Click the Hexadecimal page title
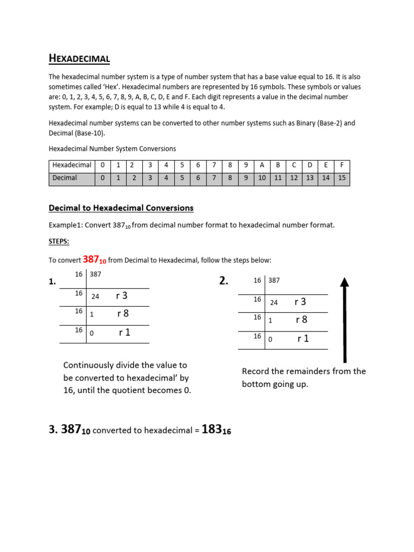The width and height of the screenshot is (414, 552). pos(79,58)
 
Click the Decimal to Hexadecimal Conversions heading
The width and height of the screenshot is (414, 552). pos(121,208)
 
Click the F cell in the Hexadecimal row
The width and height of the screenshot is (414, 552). pos(342,165)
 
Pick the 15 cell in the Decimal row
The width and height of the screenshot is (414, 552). pos(342,178)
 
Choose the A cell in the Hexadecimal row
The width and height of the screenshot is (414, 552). pos(262,165)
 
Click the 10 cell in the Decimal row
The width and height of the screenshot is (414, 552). pos(262,178)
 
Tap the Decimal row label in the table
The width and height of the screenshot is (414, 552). pos(65,178)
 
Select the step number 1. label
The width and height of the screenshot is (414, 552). pos(53,281)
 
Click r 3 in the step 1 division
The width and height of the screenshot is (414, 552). pos(121,295)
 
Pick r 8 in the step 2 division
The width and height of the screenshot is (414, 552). pos(301,320)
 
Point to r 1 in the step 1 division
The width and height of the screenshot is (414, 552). pos(125,333)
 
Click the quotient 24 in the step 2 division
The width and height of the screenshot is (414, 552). pos(274,303)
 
